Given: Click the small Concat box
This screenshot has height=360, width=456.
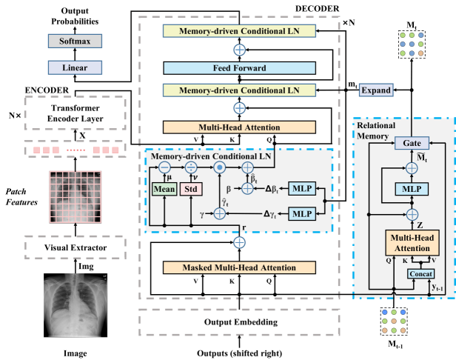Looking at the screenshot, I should click(x=418, y=274).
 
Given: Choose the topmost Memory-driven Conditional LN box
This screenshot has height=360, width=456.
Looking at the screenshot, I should click(x=240, y=30).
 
